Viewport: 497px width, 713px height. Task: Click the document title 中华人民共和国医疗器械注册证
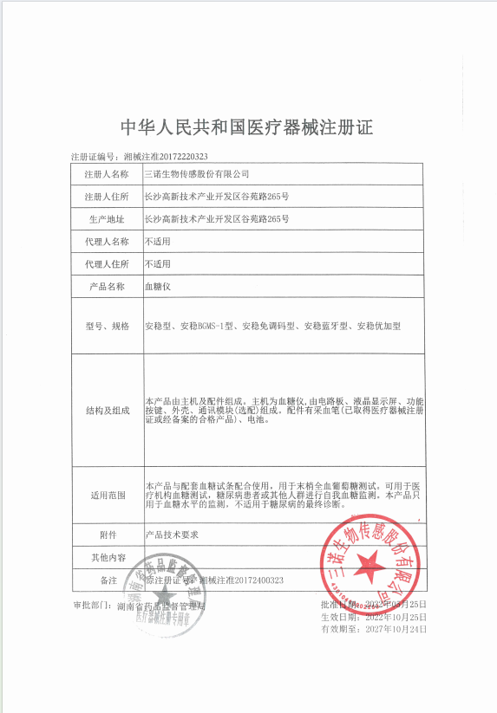246,127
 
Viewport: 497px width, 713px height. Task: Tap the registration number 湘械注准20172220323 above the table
166,157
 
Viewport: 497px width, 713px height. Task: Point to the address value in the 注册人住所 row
216,197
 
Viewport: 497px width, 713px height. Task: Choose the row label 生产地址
107,219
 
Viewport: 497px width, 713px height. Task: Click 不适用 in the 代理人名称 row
157,242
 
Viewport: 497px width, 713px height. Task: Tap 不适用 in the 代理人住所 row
157,263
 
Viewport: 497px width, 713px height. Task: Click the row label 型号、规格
107,326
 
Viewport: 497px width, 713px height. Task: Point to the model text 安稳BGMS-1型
207,326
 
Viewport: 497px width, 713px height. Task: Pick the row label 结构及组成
107,410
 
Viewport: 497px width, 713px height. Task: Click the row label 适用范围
107,495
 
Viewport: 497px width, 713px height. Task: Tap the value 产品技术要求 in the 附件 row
172,535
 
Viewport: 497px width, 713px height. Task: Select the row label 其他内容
107,557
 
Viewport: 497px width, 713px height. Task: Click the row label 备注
107,579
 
